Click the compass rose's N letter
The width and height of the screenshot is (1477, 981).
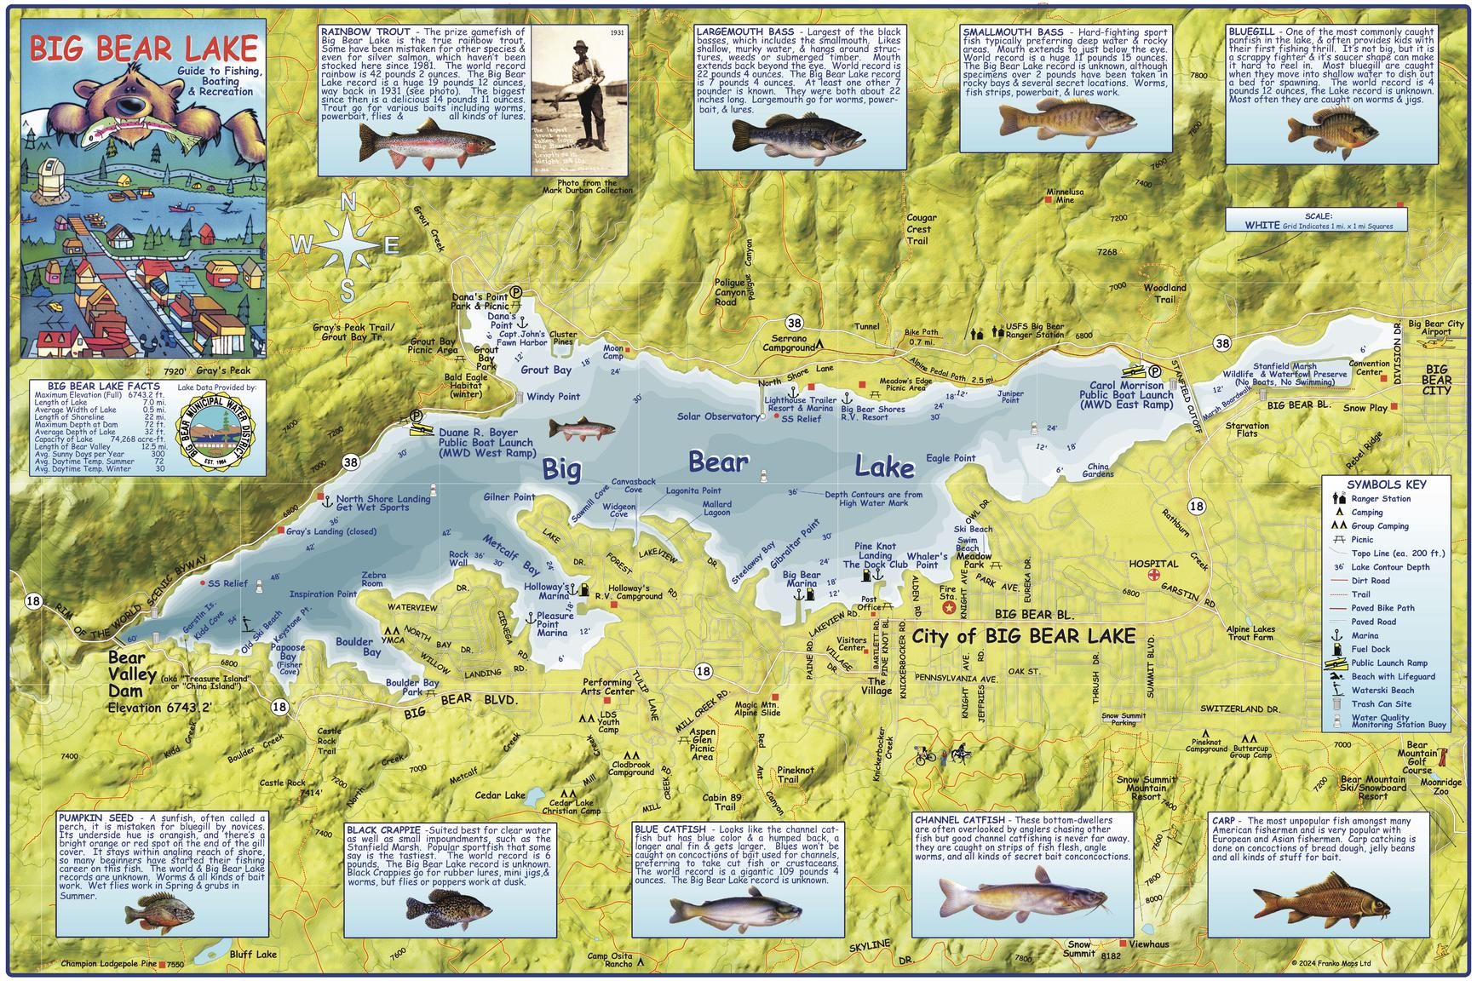tap(348, 204)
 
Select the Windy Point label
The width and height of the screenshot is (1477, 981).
tap(553, 396)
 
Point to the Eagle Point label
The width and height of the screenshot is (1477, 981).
tap(951, 458)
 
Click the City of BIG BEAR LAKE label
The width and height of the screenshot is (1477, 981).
tap(1023, 636)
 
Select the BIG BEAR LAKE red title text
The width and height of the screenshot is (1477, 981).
tap(143, 48)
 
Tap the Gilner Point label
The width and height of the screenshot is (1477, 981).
tap(509, 497)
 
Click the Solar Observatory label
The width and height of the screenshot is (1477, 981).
tap(718, 416)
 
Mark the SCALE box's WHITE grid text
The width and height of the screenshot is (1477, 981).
tap(1261, 226)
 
